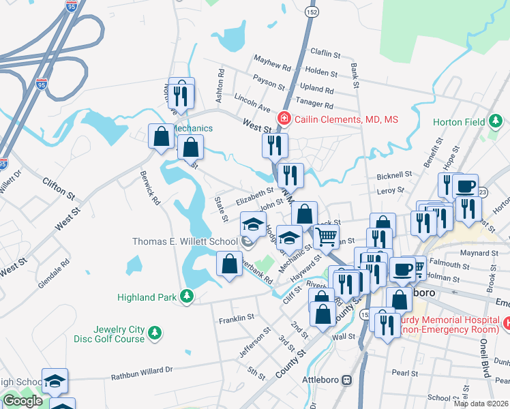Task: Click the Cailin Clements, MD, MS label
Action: click(346, 119)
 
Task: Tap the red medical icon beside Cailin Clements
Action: click(284, 119)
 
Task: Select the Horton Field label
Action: click(459, 123)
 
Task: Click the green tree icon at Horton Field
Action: click(496, 123)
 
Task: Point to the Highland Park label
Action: click(147, 297)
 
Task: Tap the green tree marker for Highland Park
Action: click(186, 297)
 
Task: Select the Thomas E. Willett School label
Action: click(184, 241)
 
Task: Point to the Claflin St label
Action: click(325, 53)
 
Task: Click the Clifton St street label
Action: click(59, 187)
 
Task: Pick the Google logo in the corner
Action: click(22, 401)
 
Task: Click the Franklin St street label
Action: click(236, 318)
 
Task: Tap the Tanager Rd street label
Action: click(314, 106)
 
